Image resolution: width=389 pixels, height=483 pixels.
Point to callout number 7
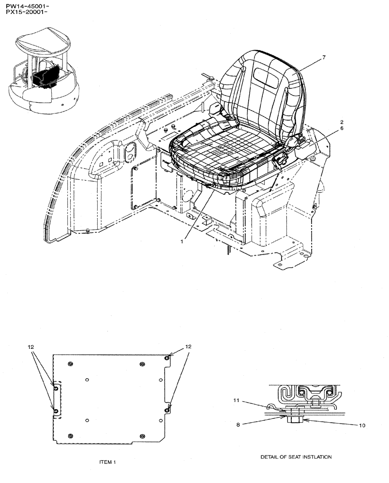[324, 57]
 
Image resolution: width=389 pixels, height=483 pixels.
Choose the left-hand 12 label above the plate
[30, 347]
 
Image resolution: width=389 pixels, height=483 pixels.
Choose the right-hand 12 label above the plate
[189, 347]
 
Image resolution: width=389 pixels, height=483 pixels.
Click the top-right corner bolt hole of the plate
[167, 357]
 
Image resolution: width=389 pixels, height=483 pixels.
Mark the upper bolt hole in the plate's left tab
[56, 388]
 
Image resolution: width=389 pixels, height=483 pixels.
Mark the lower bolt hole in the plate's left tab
[56, 411]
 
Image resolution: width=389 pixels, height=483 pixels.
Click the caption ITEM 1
[107, 462]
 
